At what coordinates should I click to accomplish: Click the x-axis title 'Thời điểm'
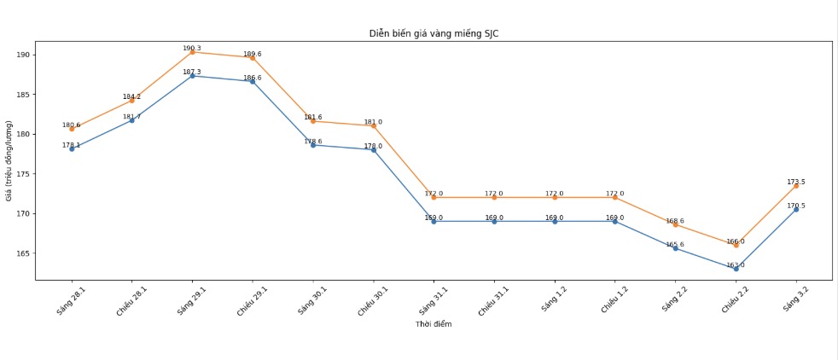(x=434, y=324)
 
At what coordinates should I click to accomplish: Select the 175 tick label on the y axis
(x=23, y=174)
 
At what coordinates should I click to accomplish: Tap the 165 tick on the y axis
(x=23, y=253)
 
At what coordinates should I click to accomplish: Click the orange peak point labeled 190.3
(x=192, y=52)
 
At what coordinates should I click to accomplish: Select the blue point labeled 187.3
(x=192, y=76)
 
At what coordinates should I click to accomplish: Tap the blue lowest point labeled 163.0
(x=736, y=269)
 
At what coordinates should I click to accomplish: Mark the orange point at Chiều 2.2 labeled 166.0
(x=736, y=245)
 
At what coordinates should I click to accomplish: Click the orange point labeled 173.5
(x=796, y=185)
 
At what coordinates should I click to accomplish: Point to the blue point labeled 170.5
(x=796, y=209)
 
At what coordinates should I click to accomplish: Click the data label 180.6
(x=71, y=125)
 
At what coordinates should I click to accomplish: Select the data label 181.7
(x=131, y=117)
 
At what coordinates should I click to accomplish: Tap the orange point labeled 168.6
(x=675, y=224)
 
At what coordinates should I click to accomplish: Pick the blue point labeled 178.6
(x=312, y=145)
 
